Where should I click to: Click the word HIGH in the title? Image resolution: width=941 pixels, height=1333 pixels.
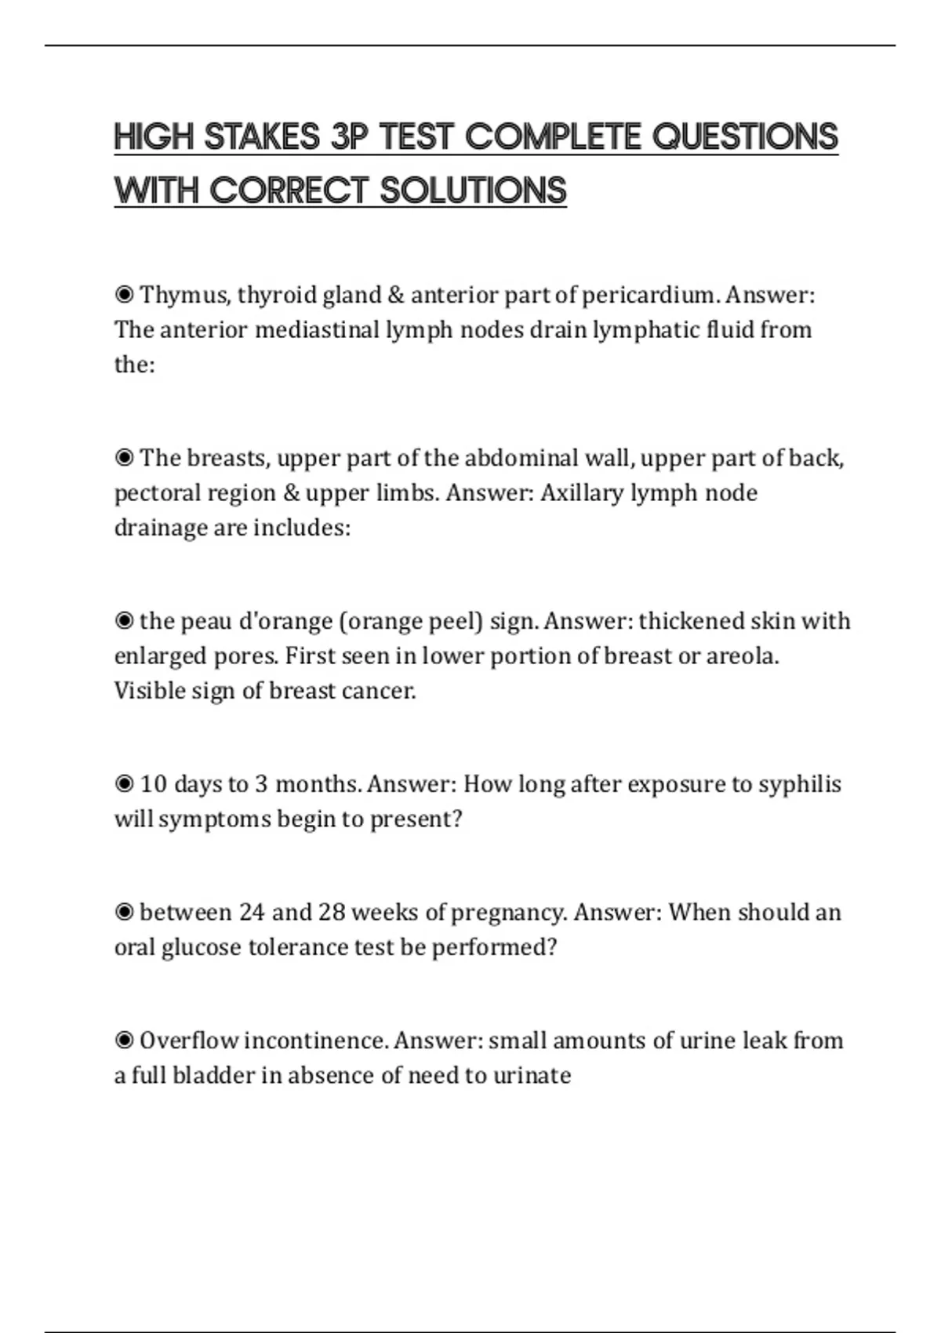click(x=154, y=136)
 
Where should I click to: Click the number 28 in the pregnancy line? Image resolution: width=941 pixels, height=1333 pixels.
click(x=332, y=912)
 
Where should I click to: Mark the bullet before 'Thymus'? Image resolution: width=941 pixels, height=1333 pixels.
click(x=124, y=295)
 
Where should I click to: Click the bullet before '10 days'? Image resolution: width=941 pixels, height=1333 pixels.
click(x=124, y=784)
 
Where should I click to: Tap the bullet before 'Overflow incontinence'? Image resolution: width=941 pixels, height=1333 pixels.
click(x=124, y=1041)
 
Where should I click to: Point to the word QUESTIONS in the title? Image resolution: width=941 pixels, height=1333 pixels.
click(x=745, y=136)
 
